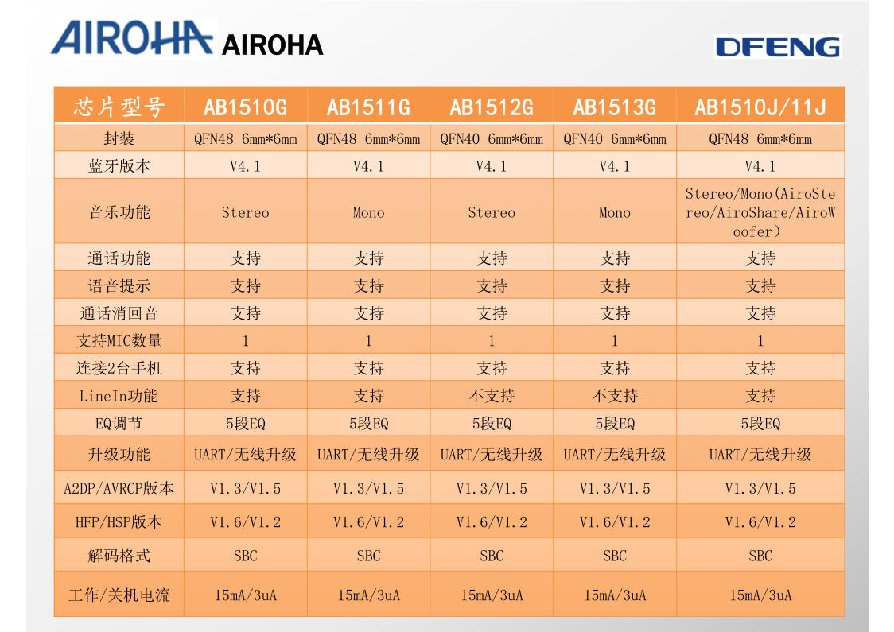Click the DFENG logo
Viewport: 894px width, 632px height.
click(x=777, y=47)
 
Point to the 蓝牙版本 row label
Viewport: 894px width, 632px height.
click(x=119, y=166)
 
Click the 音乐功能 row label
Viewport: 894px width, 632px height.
click(x=119, y=212)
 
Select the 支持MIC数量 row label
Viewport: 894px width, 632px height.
click(x=119, y=340)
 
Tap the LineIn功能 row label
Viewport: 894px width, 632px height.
click(x=119, y=396)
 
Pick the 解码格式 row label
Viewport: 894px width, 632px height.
click(x=119, y=556)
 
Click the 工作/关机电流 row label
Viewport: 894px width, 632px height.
click(x=119, y=595)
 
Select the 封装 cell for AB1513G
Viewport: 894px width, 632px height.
click(x=614, y=139)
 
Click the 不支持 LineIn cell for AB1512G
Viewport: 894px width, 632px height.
click(x=491, y=396)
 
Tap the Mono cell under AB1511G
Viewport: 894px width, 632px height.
click(x=368, y=212)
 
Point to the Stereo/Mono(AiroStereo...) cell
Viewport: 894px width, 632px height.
click(x=760, y=212)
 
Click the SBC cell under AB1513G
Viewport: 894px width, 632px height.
click(x=614, y=556)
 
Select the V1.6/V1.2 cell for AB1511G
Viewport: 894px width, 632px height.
click(x=368, y=522)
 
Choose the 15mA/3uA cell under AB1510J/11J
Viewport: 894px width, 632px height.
click(x=760, y=595)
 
